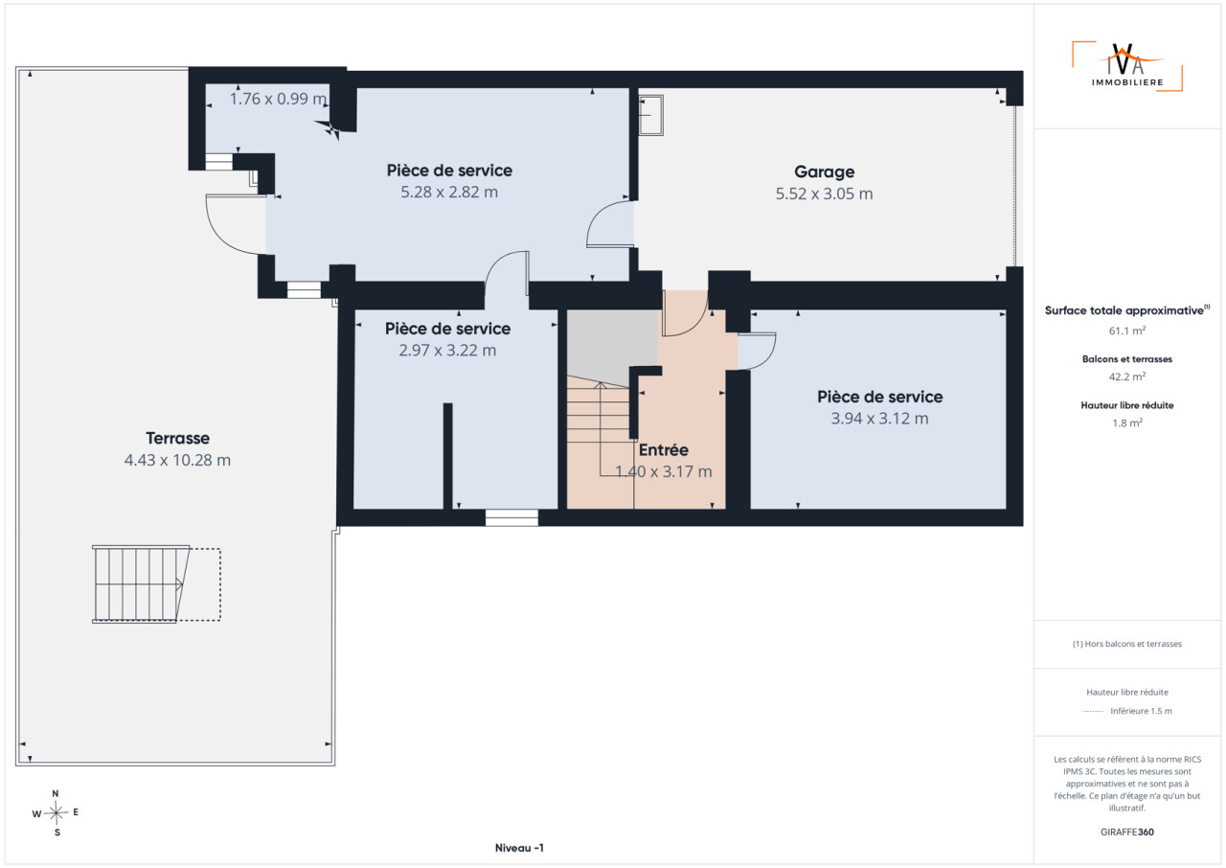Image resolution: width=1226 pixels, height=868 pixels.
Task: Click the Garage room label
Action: pos(825,171)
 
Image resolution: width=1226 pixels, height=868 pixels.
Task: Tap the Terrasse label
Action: pos(177,438)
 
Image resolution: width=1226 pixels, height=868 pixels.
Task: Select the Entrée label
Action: pos(664,450)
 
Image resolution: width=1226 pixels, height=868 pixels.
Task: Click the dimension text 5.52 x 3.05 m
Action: pos(824,194)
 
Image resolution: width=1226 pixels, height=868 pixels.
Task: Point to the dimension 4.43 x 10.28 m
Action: pos(177,460)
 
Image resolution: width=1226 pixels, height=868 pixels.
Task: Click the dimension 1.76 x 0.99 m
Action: pos(278,99)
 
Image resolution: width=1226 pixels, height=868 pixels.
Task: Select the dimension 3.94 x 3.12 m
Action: pos(879,419)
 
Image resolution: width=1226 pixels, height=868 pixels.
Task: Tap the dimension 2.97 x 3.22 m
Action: pos(447,351)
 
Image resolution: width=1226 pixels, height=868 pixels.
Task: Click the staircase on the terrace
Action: pos(141,584)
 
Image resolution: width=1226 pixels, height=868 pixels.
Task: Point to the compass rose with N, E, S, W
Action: pos(56,812)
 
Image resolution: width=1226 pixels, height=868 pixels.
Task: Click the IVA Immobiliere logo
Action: pos(1127,67)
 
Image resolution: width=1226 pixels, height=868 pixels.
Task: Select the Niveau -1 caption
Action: pos(519,848)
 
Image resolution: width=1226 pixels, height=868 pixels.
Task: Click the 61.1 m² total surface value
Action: pos(1127,331)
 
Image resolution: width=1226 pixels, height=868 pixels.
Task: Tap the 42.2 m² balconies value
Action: pos(1127,377)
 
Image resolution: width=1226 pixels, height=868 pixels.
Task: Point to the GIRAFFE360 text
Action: pos(1127,832)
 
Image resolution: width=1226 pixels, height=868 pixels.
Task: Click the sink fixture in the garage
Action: pos(650,116)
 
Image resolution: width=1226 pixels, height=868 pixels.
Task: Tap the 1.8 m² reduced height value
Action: pos(1127,423)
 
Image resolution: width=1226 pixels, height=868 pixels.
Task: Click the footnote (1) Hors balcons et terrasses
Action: pos(1127,644)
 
